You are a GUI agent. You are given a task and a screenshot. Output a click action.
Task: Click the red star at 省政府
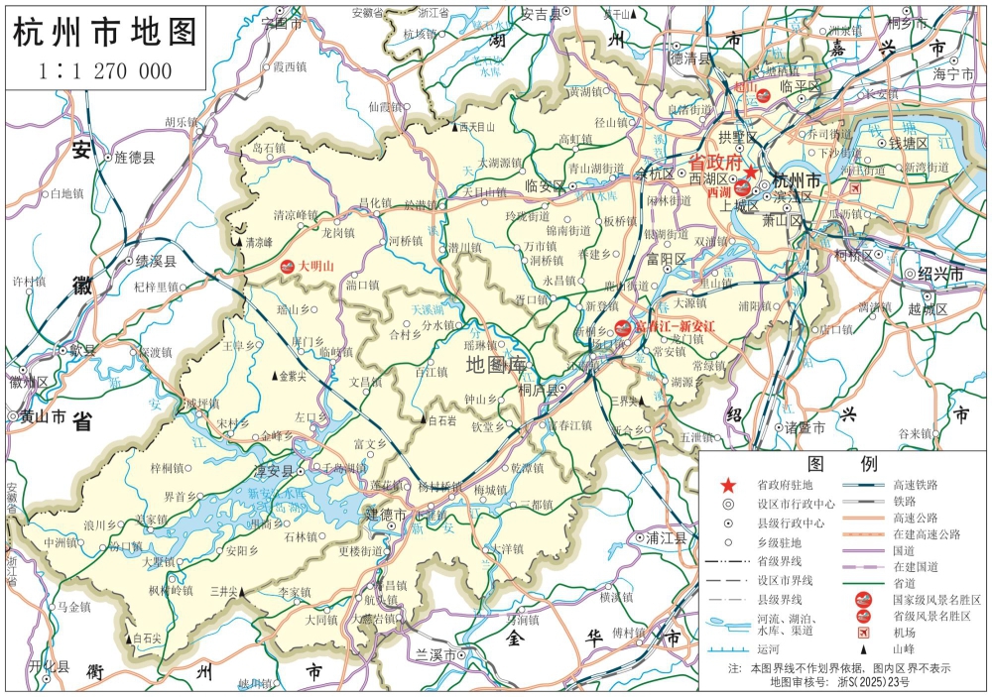[752, 173]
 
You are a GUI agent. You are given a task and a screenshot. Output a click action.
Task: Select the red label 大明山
[317, 265]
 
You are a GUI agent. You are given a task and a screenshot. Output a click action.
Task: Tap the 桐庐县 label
[541, 390]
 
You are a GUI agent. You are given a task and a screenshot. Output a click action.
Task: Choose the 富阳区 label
[667, 259]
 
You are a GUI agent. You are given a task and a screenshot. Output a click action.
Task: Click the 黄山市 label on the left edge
[44, 417]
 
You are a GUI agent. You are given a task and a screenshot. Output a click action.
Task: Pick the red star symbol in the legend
[728, 485]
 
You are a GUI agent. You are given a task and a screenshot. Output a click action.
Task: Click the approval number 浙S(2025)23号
[870, 682]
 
